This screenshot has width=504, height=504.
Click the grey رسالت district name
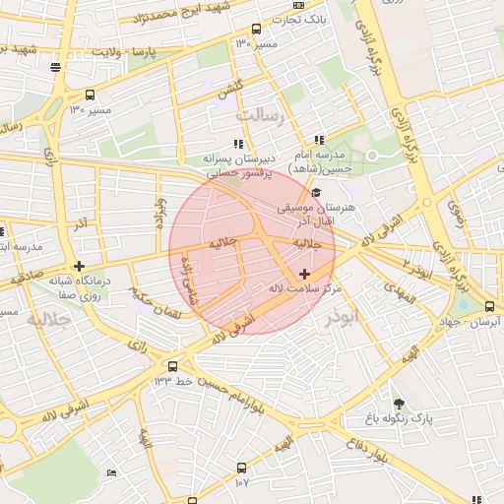coord(260,116)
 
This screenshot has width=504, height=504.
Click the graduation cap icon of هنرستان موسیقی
coord(316,191)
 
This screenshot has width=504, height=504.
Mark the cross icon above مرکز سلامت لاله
coord(303,273)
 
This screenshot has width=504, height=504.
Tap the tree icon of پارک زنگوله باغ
coord(398,404)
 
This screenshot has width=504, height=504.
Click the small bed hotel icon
coord(111,473)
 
